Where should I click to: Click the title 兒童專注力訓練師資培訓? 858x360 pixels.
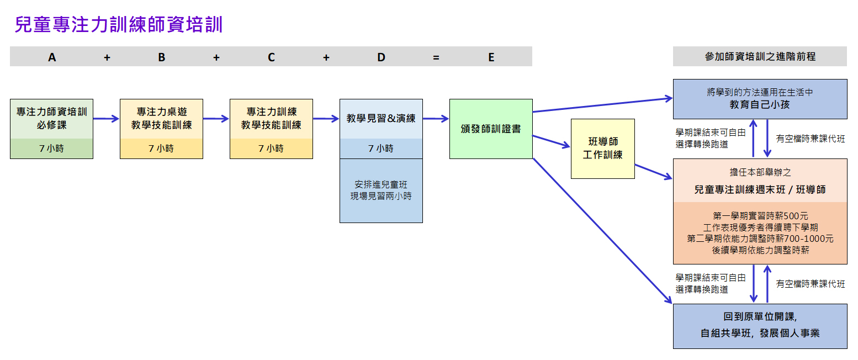[119, 25]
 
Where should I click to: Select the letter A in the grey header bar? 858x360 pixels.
[52, 57]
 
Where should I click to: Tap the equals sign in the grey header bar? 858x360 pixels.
[436, 57]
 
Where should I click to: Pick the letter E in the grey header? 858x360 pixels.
[491, 57]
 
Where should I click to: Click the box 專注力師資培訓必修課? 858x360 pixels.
[51, 119]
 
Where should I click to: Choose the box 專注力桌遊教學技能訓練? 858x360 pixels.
[161, 119]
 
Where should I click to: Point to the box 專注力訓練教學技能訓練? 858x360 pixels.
[271, 119]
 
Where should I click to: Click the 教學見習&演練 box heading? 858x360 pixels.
[381, 119]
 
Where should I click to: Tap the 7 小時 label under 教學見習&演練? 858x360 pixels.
[381, 149]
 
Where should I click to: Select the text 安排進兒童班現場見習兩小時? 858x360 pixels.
[381, 190]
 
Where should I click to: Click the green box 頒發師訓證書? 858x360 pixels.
[491, 129]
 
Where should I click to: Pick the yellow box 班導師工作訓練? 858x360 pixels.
[602, 149]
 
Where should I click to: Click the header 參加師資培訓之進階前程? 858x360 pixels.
[760, 56]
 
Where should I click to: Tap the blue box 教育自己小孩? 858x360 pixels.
[760, 99]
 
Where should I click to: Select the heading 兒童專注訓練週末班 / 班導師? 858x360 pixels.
[760, 189]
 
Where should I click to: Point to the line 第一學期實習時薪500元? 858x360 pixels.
[760, 216]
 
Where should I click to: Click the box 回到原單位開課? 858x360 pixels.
[760, 326]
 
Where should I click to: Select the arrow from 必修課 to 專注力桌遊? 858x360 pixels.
[106, 118]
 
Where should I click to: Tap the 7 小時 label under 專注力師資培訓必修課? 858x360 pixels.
[51, 149]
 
